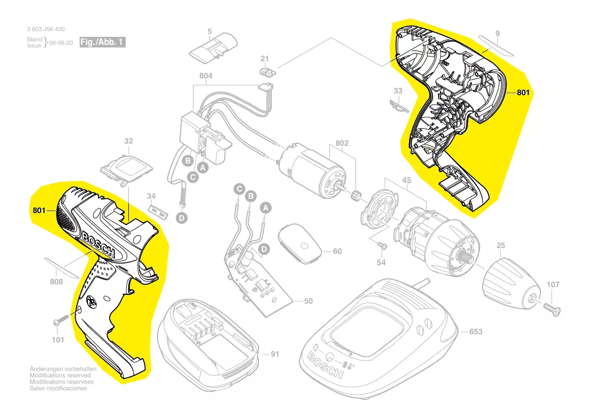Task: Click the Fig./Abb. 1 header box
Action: pos(103,42)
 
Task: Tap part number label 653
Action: pos(476,332)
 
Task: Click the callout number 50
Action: pos(308,301)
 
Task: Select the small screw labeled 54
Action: pos(382,245)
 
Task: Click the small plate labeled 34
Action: pos(155,209)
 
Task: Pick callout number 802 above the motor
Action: pos(342,143)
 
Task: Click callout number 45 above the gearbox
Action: pos(407,180)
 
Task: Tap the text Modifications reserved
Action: pos(60,376)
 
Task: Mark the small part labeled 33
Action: pos(399,106)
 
